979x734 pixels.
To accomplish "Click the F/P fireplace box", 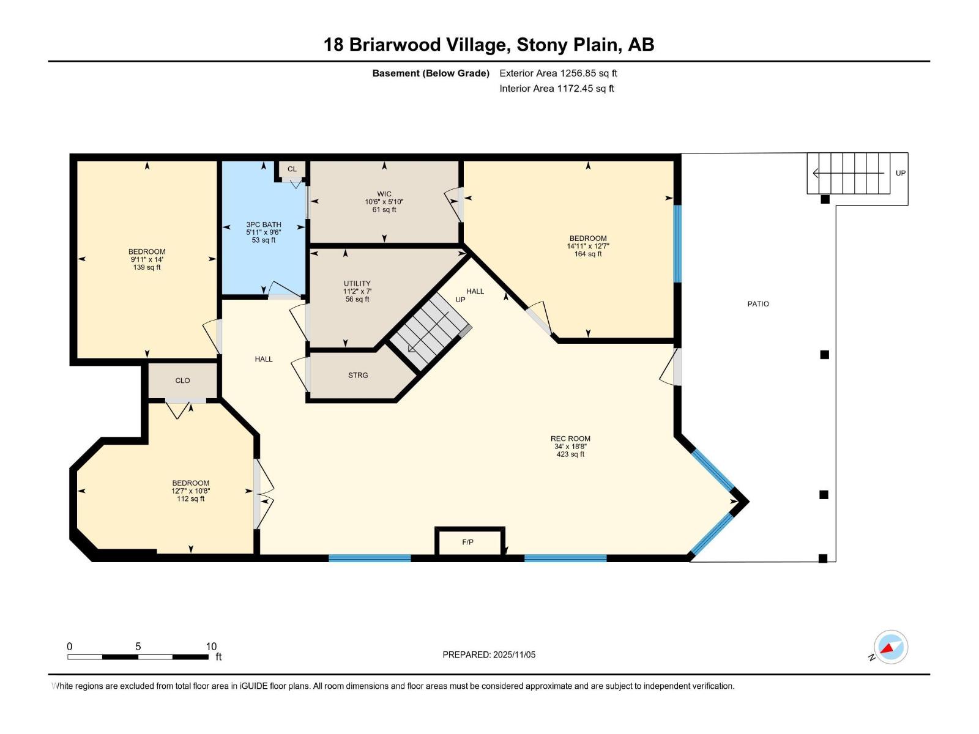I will [x=468, y=542].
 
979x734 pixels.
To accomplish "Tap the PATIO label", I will [x=758, y=304].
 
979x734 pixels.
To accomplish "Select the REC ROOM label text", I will [x=570, y=439].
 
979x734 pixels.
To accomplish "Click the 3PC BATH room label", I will [x=264, y=224].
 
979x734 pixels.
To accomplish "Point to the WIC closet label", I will [x=384, y=194].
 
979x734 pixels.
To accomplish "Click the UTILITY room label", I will [x=357, y=284].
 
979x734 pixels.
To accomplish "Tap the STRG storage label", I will [x=358, y=376].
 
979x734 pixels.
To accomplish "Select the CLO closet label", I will [x=182, y=380].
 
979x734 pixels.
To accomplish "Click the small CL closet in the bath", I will [x=292, y=169].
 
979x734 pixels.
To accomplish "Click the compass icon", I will [x=890, y=647].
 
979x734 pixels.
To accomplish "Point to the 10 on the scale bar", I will [x=211, y=647].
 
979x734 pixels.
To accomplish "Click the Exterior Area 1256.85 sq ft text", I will [x=558, y=73].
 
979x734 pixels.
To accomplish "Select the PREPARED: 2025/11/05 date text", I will [x=489, y=654].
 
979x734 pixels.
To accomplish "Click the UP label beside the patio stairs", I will [x=900, y=173].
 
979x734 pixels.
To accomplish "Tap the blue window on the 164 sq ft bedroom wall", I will [x=677, y=243].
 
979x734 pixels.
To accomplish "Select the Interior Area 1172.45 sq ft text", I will [x=556, y=89].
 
